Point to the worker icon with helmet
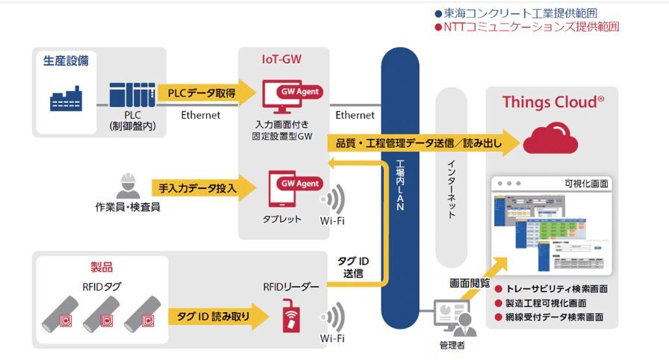[128, 186]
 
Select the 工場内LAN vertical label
[399, 187]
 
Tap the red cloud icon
[550, 139]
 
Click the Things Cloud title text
[553, 102]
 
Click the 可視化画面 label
[587, 183]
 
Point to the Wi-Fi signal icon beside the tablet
[333, 200]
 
